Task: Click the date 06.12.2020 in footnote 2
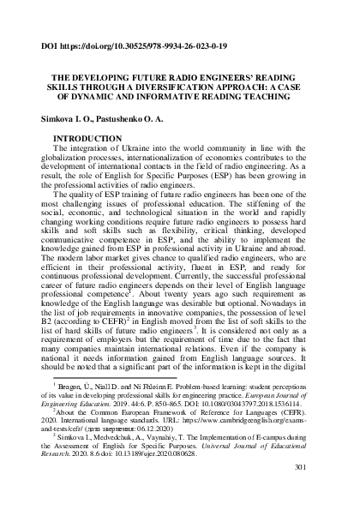click(161, 459)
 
